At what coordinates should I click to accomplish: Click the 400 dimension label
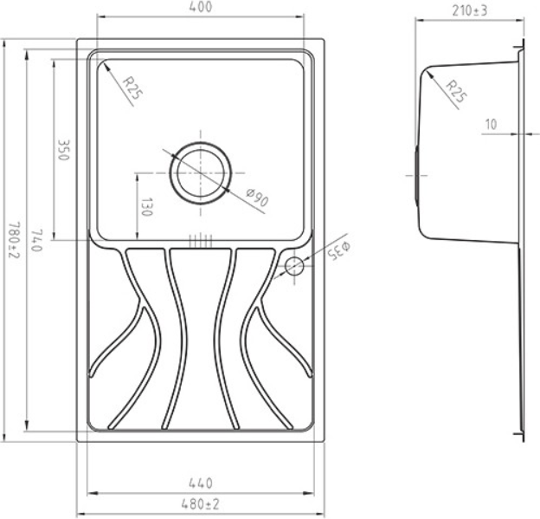click(x=201, y=7)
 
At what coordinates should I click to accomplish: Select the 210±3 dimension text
click(x=470, y=11)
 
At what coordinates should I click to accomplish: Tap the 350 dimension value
click(x=64, y=150)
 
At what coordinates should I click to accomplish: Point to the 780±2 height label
click(x=14, y=240)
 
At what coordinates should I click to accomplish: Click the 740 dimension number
click(x=36, y=240)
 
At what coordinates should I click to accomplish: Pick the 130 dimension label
click(x=147, y=207)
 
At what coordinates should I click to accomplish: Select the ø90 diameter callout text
click(x=258, y=198)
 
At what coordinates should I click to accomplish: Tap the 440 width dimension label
click(x=201, y=483)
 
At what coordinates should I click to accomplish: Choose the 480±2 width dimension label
click(x=200, y=504)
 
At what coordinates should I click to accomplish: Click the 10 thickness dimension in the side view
click(x=491, y=124)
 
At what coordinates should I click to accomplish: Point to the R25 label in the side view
click(x=455, y=91)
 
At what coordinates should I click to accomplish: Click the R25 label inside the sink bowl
click(x=132, y=88)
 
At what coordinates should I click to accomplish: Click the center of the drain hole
click(x=201, y=172)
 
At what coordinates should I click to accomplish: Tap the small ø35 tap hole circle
click(x=294, y=265)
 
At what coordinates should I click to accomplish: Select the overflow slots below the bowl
click(x=200, y=241)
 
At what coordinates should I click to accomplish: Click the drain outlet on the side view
click(x=417, y=175)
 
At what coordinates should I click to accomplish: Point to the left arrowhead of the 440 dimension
click(x=90, y=494)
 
